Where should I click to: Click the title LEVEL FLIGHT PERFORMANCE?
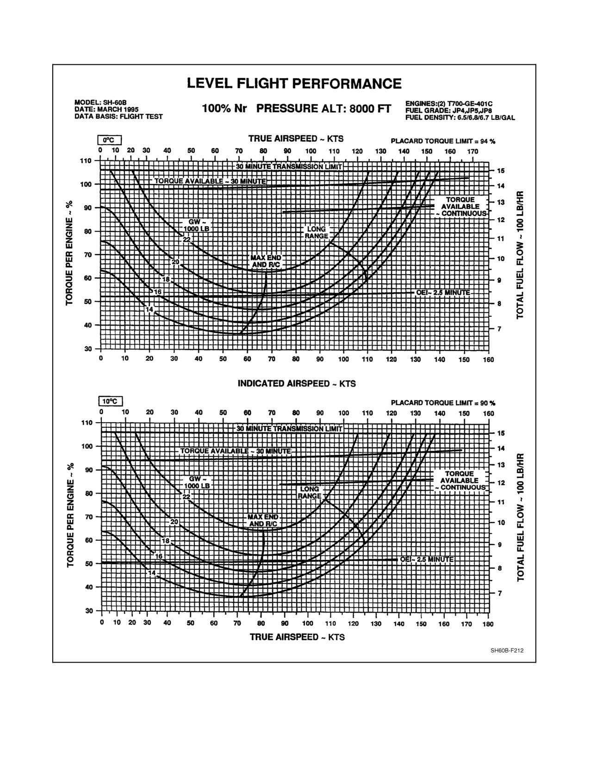tap(294, 84)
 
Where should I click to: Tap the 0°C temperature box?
tap(109, 141)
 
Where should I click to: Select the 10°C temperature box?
tap(110, 401)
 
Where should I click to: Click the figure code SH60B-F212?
tap(507, 650)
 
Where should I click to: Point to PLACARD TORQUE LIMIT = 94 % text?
tap(443, 141)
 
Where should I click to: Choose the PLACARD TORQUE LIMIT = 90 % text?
tap(443, 403)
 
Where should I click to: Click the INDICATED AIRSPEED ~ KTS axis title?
tap(297, 383)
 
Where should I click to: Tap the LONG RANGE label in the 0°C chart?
tap(316, 233)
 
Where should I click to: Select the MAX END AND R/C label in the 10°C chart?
tap(263, 520)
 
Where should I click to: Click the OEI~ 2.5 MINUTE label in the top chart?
tap(443, 293)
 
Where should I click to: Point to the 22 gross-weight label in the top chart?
tap(186, 240)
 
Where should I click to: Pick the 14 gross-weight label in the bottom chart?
tap(152, 572)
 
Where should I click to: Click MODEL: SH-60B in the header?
tap(100, 103)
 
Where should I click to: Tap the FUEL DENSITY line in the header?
tap(460, 117)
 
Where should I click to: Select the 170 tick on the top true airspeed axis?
tap(472, 151)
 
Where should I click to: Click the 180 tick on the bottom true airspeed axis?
tap(488, 624)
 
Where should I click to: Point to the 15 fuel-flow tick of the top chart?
tap(500, 171)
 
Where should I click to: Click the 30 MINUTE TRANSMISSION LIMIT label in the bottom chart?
tap(289, 429)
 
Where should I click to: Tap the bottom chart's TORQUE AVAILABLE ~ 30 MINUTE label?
tap(236, 451)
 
